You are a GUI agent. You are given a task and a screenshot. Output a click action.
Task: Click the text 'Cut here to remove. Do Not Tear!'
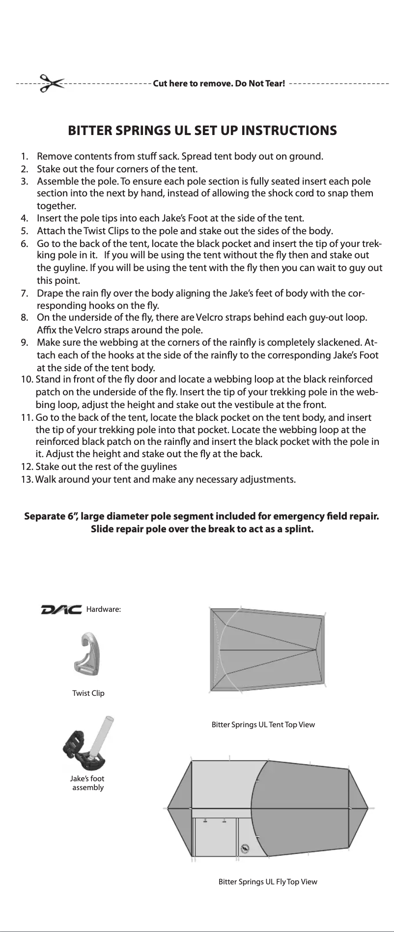[x=219, y=83]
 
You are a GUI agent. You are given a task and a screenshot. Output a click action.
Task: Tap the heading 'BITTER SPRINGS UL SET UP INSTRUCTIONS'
[x=202, y=131]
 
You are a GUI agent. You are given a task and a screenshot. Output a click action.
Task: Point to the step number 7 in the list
[x=24, y=294]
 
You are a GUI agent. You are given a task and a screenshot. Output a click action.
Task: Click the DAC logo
[x=61, y=609]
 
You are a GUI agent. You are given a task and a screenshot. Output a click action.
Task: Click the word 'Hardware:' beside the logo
[x=103, y=609]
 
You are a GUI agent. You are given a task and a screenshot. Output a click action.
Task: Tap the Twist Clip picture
[x=89, y=655]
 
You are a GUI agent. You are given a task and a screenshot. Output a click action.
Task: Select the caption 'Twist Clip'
[x=88, y=693]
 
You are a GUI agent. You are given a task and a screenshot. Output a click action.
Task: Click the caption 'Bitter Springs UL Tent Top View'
[x=263, y=725]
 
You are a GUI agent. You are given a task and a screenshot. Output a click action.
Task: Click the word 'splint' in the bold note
[x=299, y=530]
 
